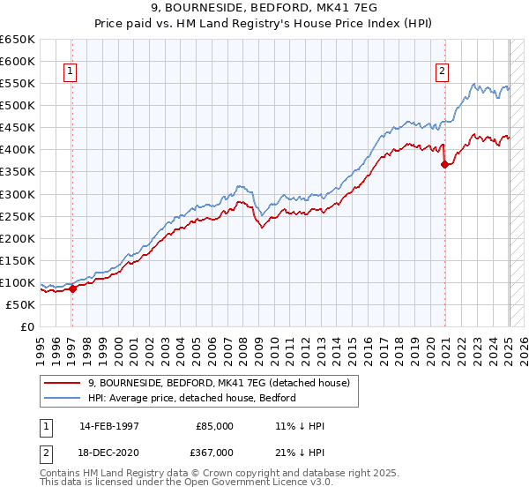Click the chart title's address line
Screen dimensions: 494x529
click(x=264, y=7)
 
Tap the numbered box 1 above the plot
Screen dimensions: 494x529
click(x=70, y=73)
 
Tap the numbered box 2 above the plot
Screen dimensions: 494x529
click(x=442, y=73)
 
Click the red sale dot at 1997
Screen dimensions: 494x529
click(x=72, y=288)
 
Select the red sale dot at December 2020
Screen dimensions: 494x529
click(x=445, y=164)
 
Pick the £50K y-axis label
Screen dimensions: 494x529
click(x=20, y=304)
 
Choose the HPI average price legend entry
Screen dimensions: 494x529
click(x=191, y=398)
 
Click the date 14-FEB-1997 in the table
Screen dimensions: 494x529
click(x=108, y=426)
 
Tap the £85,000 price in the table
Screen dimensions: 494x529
click(x=213, y=426)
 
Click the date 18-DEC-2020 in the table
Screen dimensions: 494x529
click(x=108, y=452)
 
